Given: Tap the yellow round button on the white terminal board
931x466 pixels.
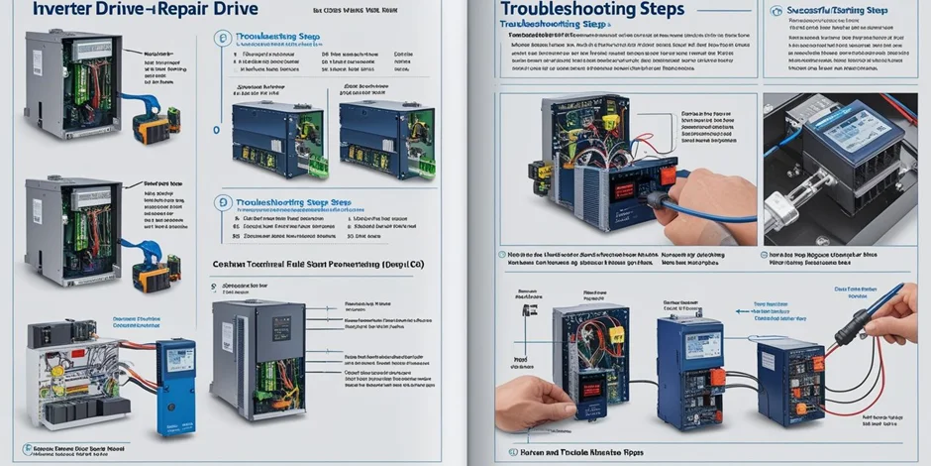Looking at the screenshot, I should (x=57, y=371).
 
